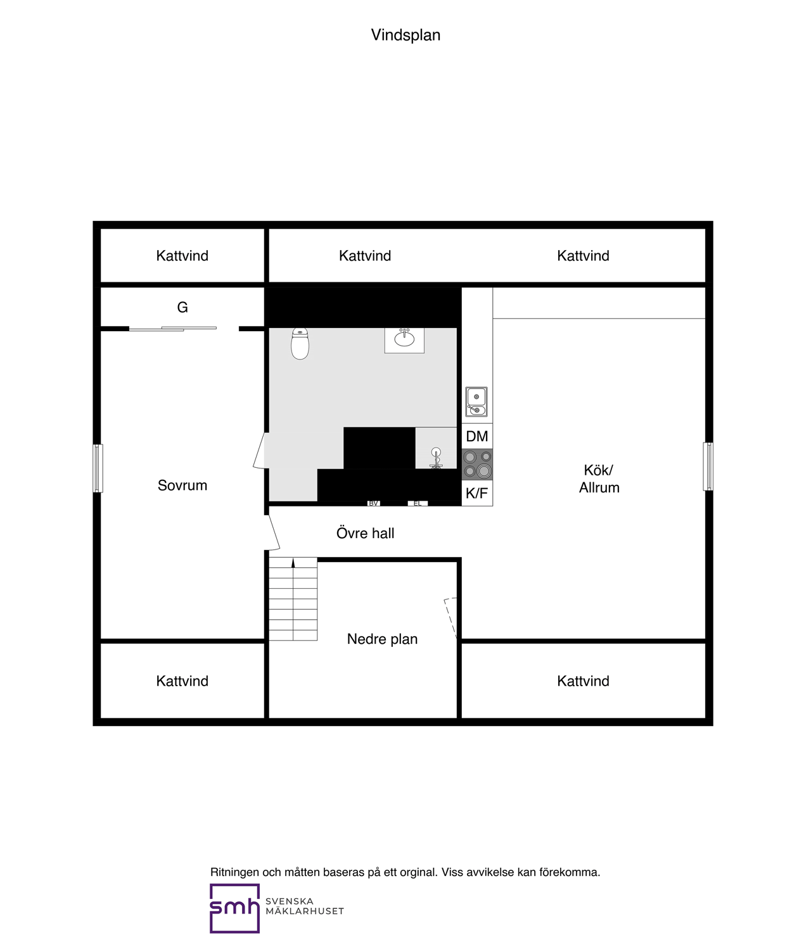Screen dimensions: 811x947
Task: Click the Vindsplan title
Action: [x=405, y=35]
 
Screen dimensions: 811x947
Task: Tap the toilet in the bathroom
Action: [x=300, y=344]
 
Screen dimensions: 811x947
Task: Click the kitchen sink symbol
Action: [x=476, y=402]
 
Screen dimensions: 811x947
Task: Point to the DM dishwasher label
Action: [x=477, y=436]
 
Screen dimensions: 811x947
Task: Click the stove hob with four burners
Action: [x=477, y=464]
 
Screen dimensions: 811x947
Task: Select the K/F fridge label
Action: [x=476, y=493]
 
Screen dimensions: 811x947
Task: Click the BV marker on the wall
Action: [x=374, y=503]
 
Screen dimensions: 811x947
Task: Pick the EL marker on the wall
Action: [x=418, y=503]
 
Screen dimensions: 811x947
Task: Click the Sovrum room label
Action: [x=182, y=485]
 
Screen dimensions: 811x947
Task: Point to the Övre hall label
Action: [x=366, y=533]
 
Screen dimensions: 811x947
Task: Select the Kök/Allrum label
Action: [x=599, y=479]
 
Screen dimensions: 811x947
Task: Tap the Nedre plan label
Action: [x=382, y=639]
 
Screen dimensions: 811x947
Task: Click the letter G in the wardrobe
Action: [x=182, y=308]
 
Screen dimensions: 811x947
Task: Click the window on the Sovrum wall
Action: [x=98, y=468]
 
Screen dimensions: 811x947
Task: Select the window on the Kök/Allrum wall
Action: [x=708, y=467]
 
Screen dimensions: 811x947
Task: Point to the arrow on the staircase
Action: [x=293, y=563]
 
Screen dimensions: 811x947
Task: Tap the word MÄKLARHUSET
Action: [x=305, y=912]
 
